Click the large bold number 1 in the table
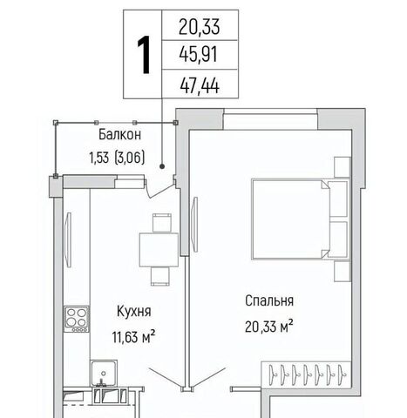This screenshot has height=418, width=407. tap(144, 55)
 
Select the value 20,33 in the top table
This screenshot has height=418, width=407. tap(199, 27)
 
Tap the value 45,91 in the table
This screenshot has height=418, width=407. tap(199, 55)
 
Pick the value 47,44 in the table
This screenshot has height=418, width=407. tap(200, 85)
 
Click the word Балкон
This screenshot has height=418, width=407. tap(119, 135)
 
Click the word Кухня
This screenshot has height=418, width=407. tap(133, 312)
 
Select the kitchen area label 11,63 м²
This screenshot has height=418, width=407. tap(133, 337)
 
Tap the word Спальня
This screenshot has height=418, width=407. tap(269, 301)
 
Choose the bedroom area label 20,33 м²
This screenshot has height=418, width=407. tap(268, 327)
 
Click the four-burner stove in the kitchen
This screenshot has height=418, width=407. tap(77, 319)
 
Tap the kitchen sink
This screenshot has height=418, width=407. tap(104, 374)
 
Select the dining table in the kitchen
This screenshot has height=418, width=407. tap(159, 250)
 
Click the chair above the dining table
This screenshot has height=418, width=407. tap(161, 223)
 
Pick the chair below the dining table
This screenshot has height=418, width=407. tap(159, 276)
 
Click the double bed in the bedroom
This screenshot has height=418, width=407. tap(300, 219)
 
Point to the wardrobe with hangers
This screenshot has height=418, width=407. tap(306, 374)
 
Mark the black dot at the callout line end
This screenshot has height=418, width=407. tap(162, 166)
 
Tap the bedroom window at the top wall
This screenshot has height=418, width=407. tap(270, 119)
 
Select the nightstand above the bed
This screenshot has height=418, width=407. tap(343, 167)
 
